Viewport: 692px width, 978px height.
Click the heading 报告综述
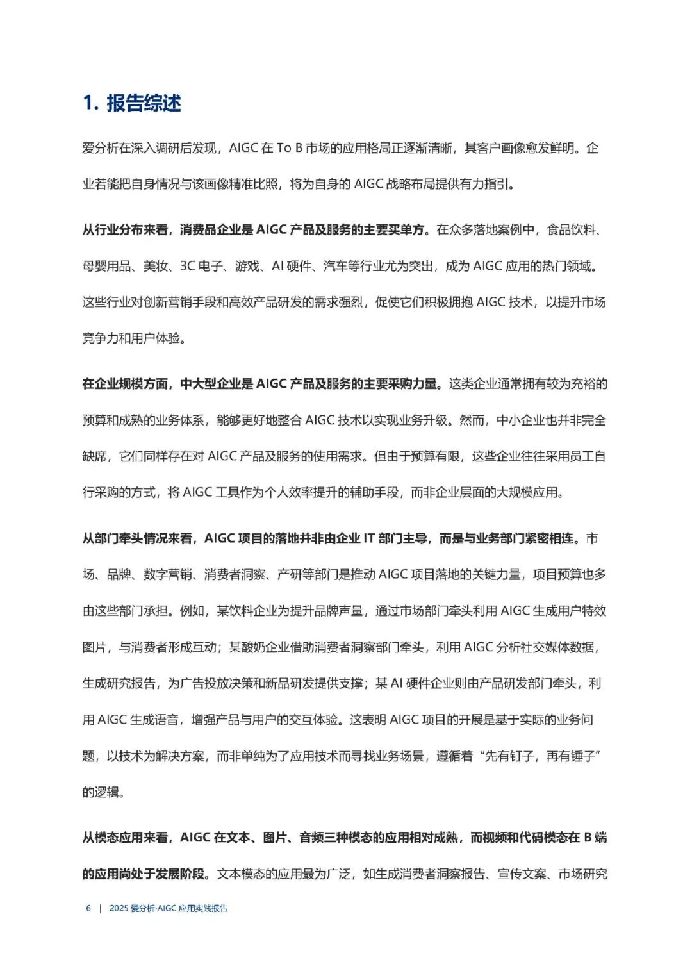pyautogui.click(x=144, y=103)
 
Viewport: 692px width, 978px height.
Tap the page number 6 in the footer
pyautogui.click(x=88, y=908)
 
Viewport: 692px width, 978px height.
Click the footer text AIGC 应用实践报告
pyautogui.click(x=192, y=908)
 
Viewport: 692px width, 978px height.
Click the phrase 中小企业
pyautogui.click(x=521, y=420)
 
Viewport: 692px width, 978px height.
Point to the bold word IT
pyautogui.click(x=369, y=538)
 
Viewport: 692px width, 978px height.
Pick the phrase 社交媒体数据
pyautogui.click(x=557, y=647)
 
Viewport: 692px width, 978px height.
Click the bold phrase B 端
pyautogui.click(x=595, y=838)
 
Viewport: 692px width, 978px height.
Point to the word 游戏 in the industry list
pyautogui.click(x=247, y=266)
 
